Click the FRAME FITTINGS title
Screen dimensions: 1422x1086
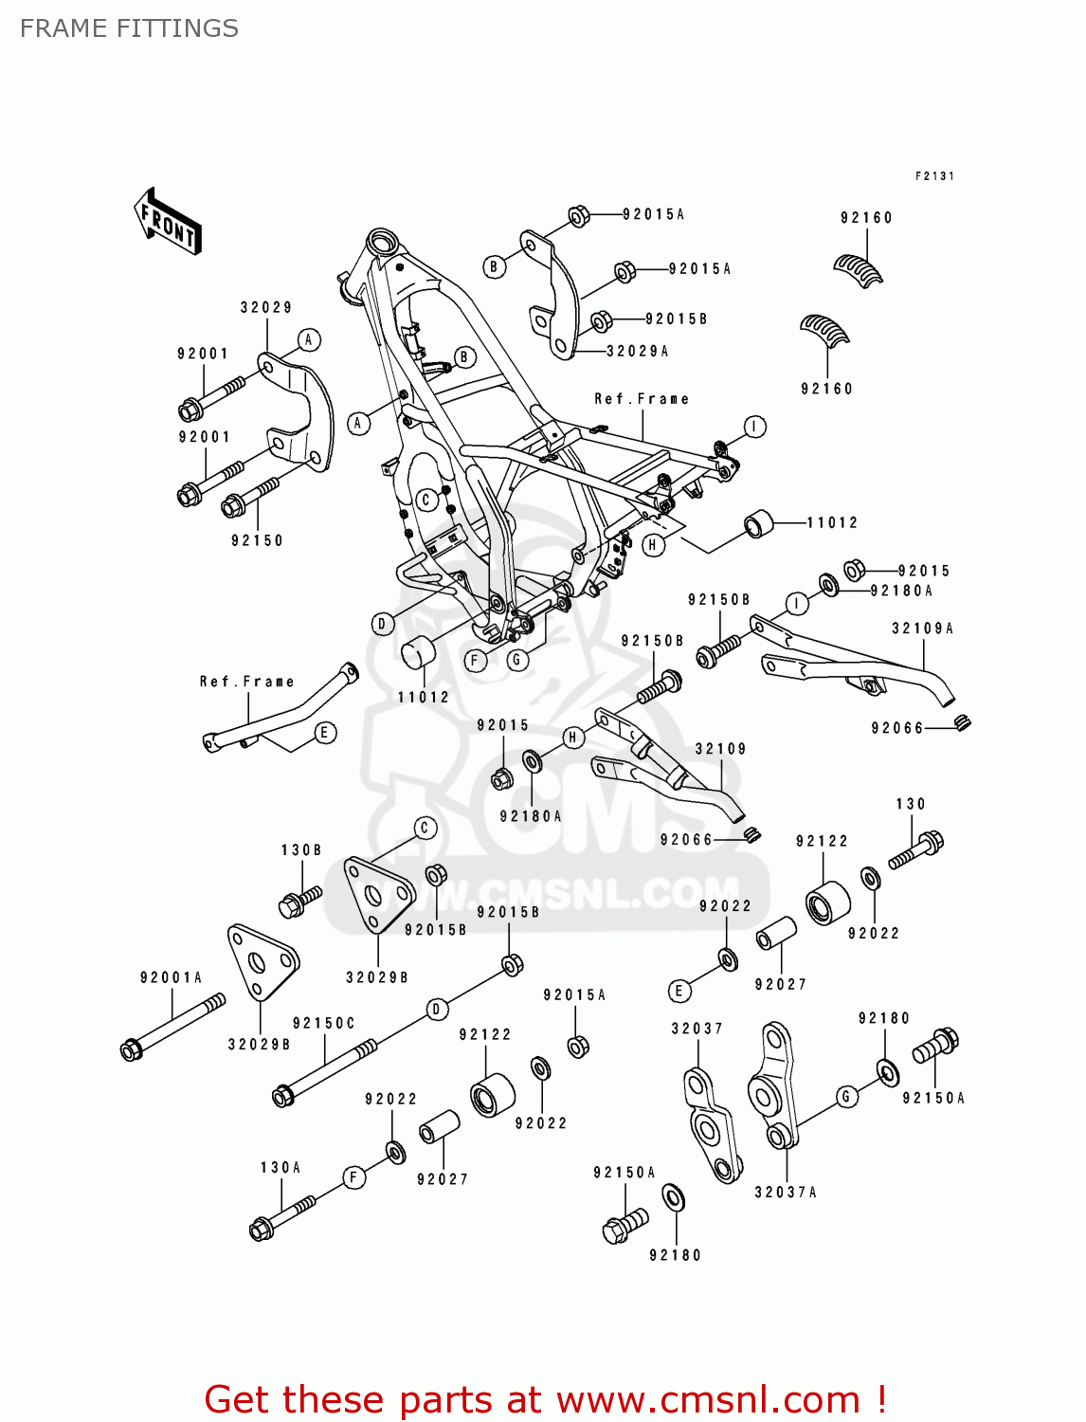pyautogui.click(x=129, y=28)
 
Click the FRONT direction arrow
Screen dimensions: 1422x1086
pyautogui.click(x=168, y=222)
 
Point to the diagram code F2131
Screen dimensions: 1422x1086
pyautogui.click(x=933, y=176)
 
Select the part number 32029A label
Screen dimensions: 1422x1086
pyautogui.click(x=637, y=351)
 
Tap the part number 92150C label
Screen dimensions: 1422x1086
pyautogui.click(x=323, y=1023)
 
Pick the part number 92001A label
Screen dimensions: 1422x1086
pyautogui.click(x=171, y=977)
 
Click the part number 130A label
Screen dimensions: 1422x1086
pyautogui.click(x=281, y=1167)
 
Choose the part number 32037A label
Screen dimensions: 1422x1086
pyautogui.click(x=785, y=1192)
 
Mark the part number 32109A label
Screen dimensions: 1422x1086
pyautogui.click(x=922, y=628)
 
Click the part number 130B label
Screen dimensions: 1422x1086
pyautogui.click(x=300, y=849)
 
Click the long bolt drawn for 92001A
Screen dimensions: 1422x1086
pyautogui.click(x=172, y=1026)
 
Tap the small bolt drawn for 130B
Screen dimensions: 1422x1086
pyautogui.click(x=299, y=901)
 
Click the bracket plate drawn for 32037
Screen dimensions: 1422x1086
pyautogui.click(x=712, y=1125)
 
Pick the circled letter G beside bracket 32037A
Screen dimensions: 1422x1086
pyautogui.click(x=846, y=1097)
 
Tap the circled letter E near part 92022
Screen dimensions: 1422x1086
pyautogui.click(x=679, y=991)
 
